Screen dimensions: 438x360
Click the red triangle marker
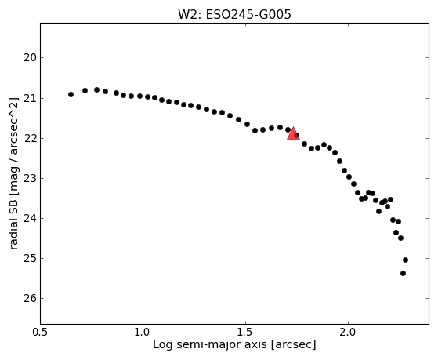pyautogui.click(x=293, y=133)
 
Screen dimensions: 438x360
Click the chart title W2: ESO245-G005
pyautogui.click(x=234, y=15)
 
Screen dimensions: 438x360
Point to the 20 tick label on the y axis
pyautogui.click(x=31, y=58)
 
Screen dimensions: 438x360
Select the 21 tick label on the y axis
pyautogui.click(x=31, y=99)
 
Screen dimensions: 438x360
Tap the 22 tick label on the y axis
pyautogui.click(x=31, y=139)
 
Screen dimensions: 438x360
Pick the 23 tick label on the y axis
pyautogui.click(x=31, y=179)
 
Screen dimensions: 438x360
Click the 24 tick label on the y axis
pyautogui.click(x=31, y=219)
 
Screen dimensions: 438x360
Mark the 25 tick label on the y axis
pyautogui.click(x=31, y=259)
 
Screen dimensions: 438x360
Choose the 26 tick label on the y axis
pyautogui.click(x=31, y=299)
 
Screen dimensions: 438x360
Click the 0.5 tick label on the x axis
pyautogui.click(x=41, y=332)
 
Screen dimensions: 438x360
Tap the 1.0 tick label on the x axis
pyautogui.click(x=143, y=332)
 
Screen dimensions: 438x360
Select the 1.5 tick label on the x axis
pyautogui.click(x=245, y=332)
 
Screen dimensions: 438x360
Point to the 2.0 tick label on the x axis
pyautogui.click(x=348, y=332)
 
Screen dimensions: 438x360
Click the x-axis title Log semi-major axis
pyautogui.click(x=210, y=345)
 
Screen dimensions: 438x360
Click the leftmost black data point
pyautogui.click(x=71, y=95)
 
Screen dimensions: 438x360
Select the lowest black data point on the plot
pyautogui.click(x=403, y=273)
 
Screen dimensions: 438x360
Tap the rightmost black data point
pyautogui.click(x=406, y=260)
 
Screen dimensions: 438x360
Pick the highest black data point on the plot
pyautogui.click(x=97, y=89)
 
